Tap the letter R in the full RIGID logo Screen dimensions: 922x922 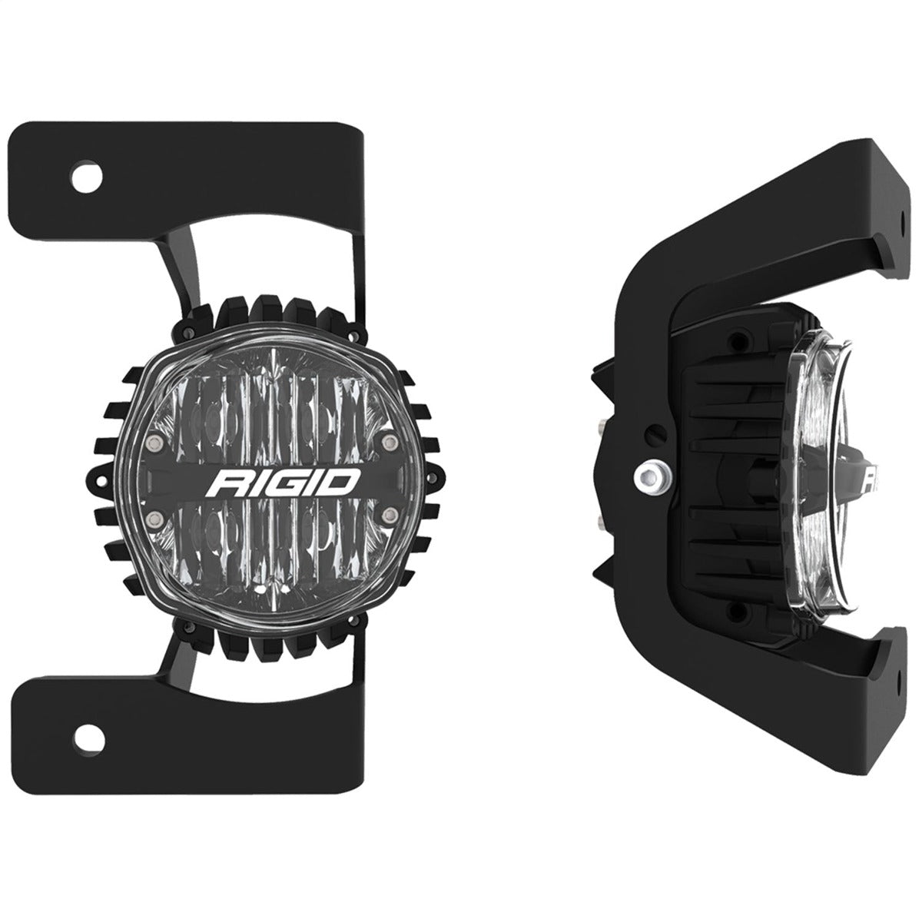[229, 485]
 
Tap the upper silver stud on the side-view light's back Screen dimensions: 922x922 [599, 421]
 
